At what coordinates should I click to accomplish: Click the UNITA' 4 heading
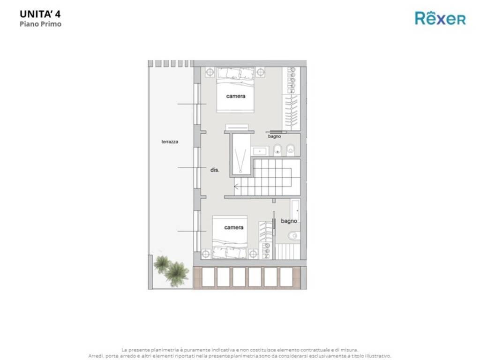pos(40,14)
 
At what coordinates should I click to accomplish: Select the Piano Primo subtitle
pos(40,24)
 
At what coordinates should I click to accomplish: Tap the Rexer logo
pos(440,18)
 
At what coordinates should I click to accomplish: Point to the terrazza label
pos(170,142)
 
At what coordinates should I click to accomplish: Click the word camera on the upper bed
pos(236,96)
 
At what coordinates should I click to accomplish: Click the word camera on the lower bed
pos(234,227)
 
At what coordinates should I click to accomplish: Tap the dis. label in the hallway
pos(215,170)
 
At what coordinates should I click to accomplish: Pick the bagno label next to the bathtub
pos(289,221)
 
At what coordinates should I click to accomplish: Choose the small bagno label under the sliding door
pos(274,136)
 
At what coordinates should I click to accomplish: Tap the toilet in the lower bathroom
pos(293,236)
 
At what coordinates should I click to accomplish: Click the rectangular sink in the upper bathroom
pos(260,151)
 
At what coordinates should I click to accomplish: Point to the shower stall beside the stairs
pos(241,155)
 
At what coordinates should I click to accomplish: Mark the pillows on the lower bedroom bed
pos(230,253)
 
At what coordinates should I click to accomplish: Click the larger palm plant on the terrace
pos(177,273)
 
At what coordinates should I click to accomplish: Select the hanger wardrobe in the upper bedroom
pos(291,112)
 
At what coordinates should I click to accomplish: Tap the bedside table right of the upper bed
pos(261,72)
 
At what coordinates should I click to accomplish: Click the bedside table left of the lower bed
pos(206,254)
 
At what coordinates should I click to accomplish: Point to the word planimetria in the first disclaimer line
pos(165,350)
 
